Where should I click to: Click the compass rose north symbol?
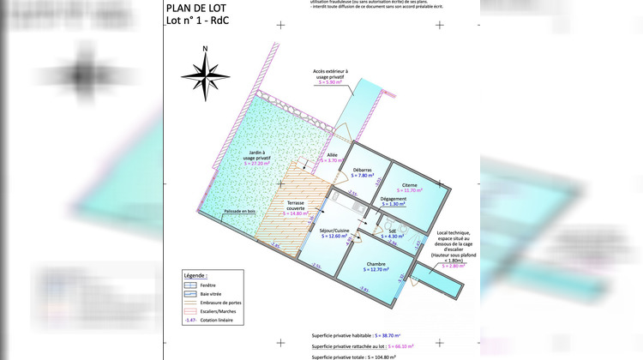pos(206,75)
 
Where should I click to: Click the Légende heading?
pos(196,275)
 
